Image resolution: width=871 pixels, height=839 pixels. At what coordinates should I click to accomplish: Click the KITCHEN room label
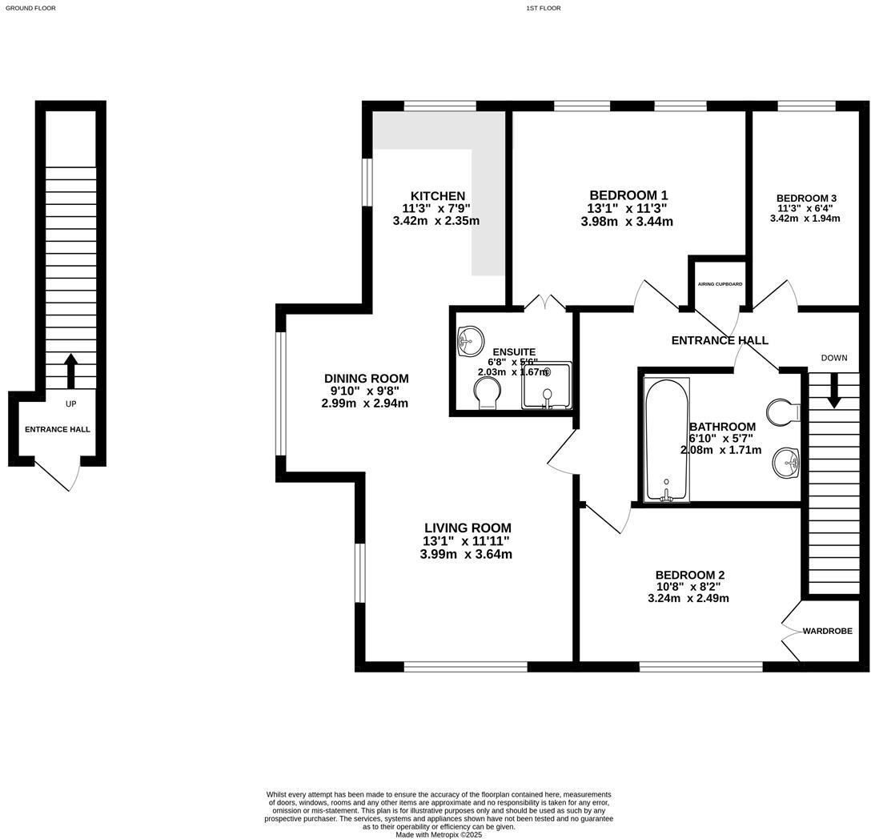click(437, 196)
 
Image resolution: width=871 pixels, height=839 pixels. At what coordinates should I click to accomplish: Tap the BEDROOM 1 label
click(628, 195)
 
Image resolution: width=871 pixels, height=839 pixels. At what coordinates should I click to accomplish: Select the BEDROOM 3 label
click(806, 199)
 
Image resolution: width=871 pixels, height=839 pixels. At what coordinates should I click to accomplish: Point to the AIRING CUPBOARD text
click(720, 284)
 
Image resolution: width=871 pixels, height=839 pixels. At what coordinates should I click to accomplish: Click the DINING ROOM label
click(366, 379)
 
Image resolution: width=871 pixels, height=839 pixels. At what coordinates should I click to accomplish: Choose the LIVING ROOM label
click(468, 528)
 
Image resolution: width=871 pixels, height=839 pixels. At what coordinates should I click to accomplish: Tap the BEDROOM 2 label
click(689, 575)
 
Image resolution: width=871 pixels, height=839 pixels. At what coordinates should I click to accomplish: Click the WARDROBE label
click(828, 631)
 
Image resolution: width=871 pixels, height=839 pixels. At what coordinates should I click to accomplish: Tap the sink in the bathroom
click(787, 462)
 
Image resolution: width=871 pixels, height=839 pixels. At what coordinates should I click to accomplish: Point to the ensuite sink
click(470, 342)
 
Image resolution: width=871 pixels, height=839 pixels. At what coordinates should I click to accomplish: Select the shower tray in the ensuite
click(548, 386)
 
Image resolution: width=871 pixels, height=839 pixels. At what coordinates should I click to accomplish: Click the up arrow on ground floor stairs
click(70, 370)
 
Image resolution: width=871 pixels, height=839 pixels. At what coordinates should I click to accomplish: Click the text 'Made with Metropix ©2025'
click(439, 834)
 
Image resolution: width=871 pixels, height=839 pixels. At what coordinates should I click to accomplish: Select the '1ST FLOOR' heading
click(544, 8)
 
